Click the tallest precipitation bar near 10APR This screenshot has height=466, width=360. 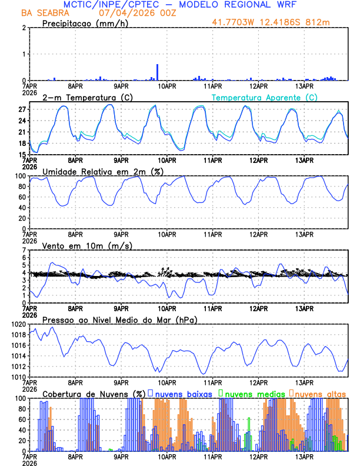click(157, 72)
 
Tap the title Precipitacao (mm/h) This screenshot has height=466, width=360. click(83, 24)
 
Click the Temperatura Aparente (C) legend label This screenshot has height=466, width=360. click(264, 97)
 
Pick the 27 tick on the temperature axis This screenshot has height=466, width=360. click(21, 110)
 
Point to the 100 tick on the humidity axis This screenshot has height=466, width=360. click(19, 176)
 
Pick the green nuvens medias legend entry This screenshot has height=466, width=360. click(252, 393)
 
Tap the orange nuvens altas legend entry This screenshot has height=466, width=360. click(320, 393)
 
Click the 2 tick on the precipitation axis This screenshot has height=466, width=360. click(24, 28)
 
